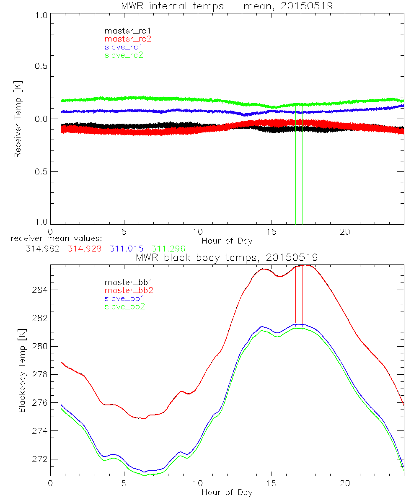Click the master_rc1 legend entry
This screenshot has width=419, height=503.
point(124,31)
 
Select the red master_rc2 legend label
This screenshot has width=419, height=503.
point(128,39)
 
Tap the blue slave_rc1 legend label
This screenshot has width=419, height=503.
point(124,47)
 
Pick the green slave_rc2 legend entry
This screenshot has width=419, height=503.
point(124,55)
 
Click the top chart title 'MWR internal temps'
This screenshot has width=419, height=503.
point(227,6)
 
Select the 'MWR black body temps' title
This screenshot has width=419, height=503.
point(227,257)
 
